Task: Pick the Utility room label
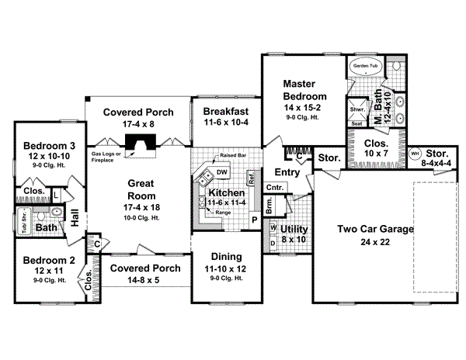tap(294, 230)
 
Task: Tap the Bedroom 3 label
tap(48, 144)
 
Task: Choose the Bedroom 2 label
tap(48, 261)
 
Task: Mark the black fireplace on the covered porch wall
tap(140, 144)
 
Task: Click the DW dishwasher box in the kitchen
tap(221, 172)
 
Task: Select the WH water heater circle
tap(415, 153)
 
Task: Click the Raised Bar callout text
tap(232, 156)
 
